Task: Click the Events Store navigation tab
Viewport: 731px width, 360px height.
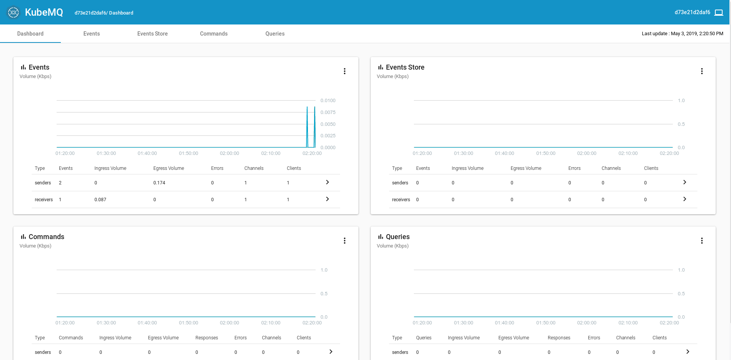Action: [152, 34]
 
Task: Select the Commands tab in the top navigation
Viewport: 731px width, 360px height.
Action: [213, 34]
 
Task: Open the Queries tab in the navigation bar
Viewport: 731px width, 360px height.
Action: [275, 34]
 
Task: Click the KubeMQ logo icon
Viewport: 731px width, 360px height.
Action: [13, 12]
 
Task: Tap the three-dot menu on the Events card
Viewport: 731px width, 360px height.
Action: [344, 71]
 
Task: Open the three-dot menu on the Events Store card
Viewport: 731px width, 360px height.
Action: [702, 71]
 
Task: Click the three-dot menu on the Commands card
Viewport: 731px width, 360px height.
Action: [344, 241]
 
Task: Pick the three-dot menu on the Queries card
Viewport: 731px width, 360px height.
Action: [702, 241]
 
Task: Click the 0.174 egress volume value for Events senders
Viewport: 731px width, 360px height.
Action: [159, 183]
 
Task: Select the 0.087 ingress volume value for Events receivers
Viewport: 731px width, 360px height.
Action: [100, 200]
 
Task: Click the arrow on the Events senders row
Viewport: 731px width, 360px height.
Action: [327, 182]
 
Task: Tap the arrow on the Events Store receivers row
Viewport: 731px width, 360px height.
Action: [685, 199]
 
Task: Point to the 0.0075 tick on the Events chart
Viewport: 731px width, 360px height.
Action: [328, 112]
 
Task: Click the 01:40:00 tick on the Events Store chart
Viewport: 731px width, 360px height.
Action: [504, 153]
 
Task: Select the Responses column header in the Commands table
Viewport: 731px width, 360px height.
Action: [207, 338]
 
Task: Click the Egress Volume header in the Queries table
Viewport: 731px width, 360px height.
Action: [513, 338]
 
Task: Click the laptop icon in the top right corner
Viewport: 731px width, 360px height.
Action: [719, 13]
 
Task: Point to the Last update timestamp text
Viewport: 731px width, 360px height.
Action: [682, 34]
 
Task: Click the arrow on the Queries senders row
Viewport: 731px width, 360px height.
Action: [687, 352]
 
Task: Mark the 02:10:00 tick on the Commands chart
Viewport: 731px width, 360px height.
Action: [270, 323]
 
